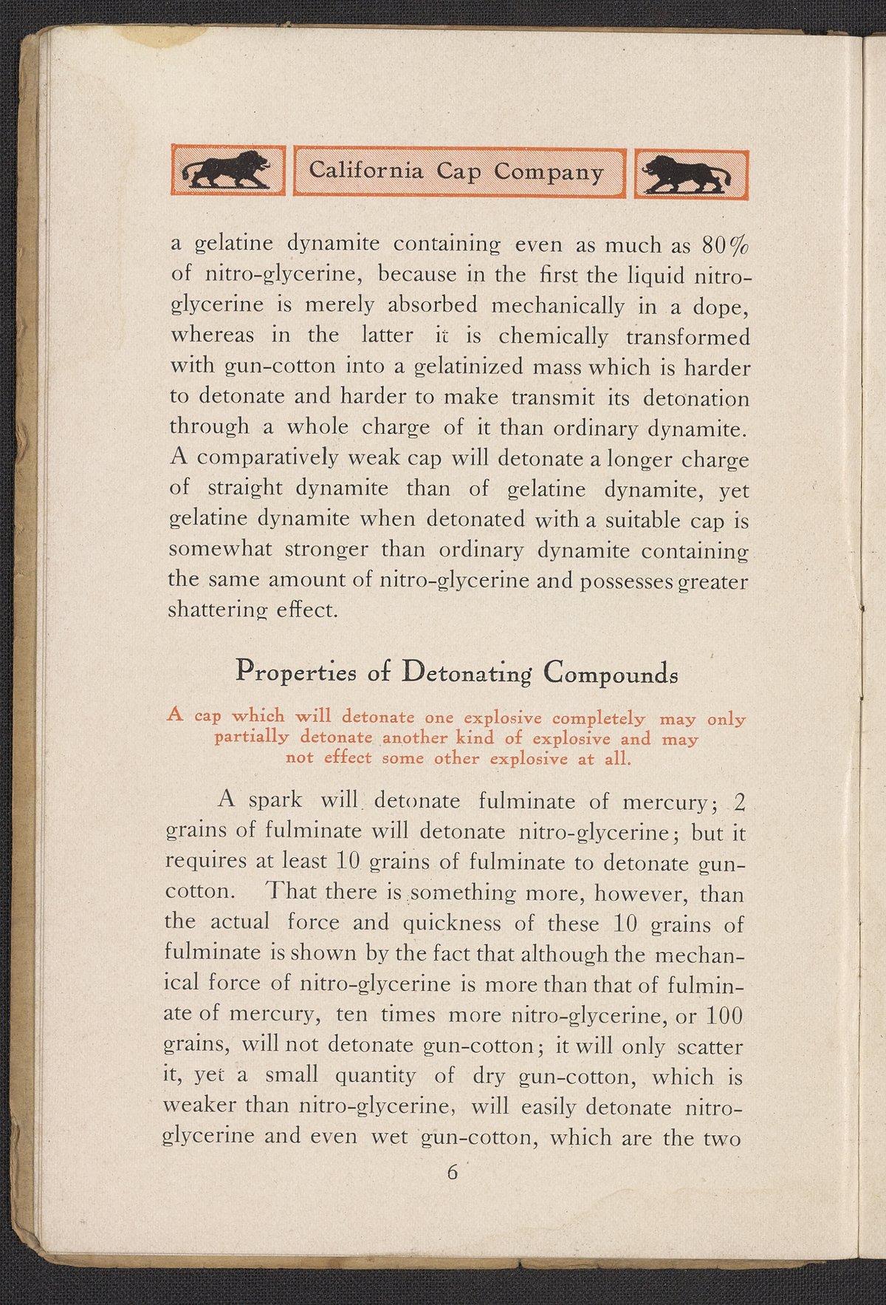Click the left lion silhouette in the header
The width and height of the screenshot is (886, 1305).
click(x=227, y=171)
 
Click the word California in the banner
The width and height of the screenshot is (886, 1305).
click(x=366, y=170)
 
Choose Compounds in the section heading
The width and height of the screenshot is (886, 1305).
click(x=610, y=673)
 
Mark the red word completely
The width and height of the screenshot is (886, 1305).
click(x=599, y=718)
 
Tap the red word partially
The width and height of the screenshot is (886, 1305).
click(x=251, y=737)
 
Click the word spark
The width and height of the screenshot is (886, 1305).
click(x=275, y=800)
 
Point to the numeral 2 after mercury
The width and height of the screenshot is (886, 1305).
click(x=741, y=802)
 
